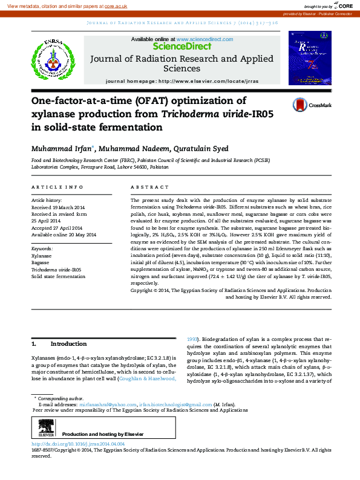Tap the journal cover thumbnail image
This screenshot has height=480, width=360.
[x=310, y=58]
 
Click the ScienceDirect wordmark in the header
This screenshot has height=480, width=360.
[x=182, y=46]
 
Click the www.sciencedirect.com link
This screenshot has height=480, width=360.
[x=205, y=39]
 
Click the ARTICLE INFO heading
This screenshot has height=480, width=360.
[x=57, y=187]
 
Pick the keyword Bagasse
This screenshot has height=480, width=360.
[x=41, y=263]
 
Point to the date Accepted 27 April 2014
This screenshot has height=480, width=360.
[x=62, y=227]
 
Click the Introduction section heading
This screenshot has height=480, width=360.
[x=68, y=344]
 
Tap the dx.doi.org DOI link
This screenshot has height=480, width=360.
[x=78, y=444]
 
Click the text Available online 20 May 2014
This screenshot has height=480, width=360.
[x=64, y=235]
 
